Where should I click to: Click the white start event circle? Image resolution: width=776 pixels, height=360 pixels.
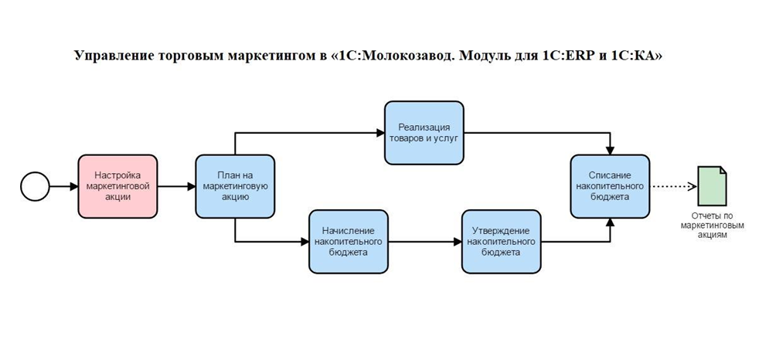click(35, 186)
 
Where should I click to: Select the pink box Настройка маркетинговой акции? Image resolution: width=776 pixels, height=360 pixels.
click(117, 186)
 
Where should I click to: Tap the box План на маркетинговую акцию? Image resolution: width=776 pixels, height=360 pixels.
click(235, 186)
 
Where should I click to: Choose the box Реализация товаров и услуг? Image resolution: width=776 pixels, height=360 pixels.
click(424, 133)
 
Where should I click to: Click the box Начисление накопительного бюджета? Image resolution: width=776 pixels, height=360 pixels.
click(349, 241)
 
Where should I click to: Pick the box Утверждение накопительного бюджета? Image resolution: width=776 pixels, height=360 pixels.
click(502, 241)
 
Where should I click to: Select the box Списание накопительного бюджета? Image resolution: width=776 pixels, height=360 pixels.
click(610, 186)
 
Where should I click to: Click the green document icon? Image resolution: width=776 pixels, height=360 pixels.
click(712, 186)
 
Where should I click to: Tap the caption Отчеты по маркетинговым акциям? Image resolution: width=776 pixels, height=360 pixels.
click(712, 226)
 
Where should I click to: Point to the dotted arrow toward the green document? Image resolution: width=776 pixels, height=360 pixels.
click(673, 186)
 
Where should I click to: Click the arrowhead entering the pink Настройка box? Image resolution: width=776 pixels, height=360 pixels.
click(73, 186)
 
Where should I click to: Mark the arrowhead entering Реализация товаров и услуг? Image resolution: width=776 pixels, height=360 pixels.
click(380, 133)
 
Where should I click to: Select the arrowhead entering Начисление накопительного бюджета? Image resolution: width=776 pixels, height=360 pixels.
click(305, 241)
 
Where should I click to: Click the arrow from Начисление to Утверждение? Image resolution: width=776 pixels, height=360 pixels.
click(424, 241)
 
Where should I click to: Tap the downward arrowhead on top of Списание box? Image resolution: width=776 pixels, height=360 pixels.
click(610, 150)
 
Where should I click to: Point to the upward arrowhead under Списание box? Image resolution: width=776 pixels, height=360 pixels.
click(610, 222)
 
